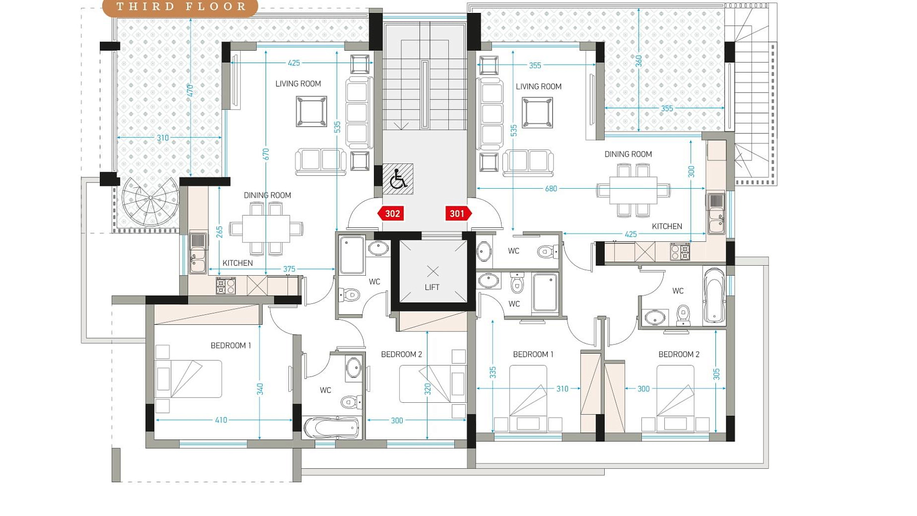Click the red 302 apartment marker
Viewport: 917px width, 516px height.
pos(391,214)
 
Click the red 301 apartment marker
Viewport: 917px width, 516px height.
pos(458,214)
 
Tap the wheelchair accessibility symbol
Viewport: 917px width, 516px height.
pos(398,179)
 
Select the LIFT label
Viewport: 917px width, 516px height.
pos(432,287)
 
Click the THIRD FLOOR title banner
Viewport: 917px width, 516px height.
pos(181,7)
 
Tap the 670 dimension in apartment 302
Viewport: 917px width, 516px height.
pos(266,154)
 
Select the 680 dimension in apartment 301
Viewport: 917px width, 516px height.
pos(551,189)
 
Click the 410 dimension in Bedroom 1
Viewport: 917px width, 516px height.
pos(221,420)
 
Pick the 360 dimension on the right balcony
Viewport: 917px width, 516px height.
pos(639,61)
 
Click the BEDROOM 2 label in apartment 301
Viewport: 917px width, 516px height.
pos(679,354)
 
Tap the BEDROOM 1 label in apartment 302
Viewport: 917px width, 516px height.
pos(231,345)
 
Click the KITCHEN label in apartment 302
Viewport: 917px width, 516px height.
pos(237,263)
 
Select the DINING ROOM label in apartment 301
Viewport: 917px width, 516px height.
pos(628,154)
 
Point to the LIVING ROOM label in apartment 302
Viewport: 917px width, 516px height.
pos(298,84)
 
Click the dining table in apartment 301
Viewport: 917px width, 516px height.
pos(633,190)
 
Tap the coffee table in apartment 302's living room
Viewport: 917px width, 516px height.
pos(311,111)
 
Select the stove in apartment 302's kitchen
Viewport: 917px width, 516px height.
pos(225,286)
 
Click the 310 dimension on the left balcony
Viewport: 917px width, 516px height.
pos(163,138)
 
